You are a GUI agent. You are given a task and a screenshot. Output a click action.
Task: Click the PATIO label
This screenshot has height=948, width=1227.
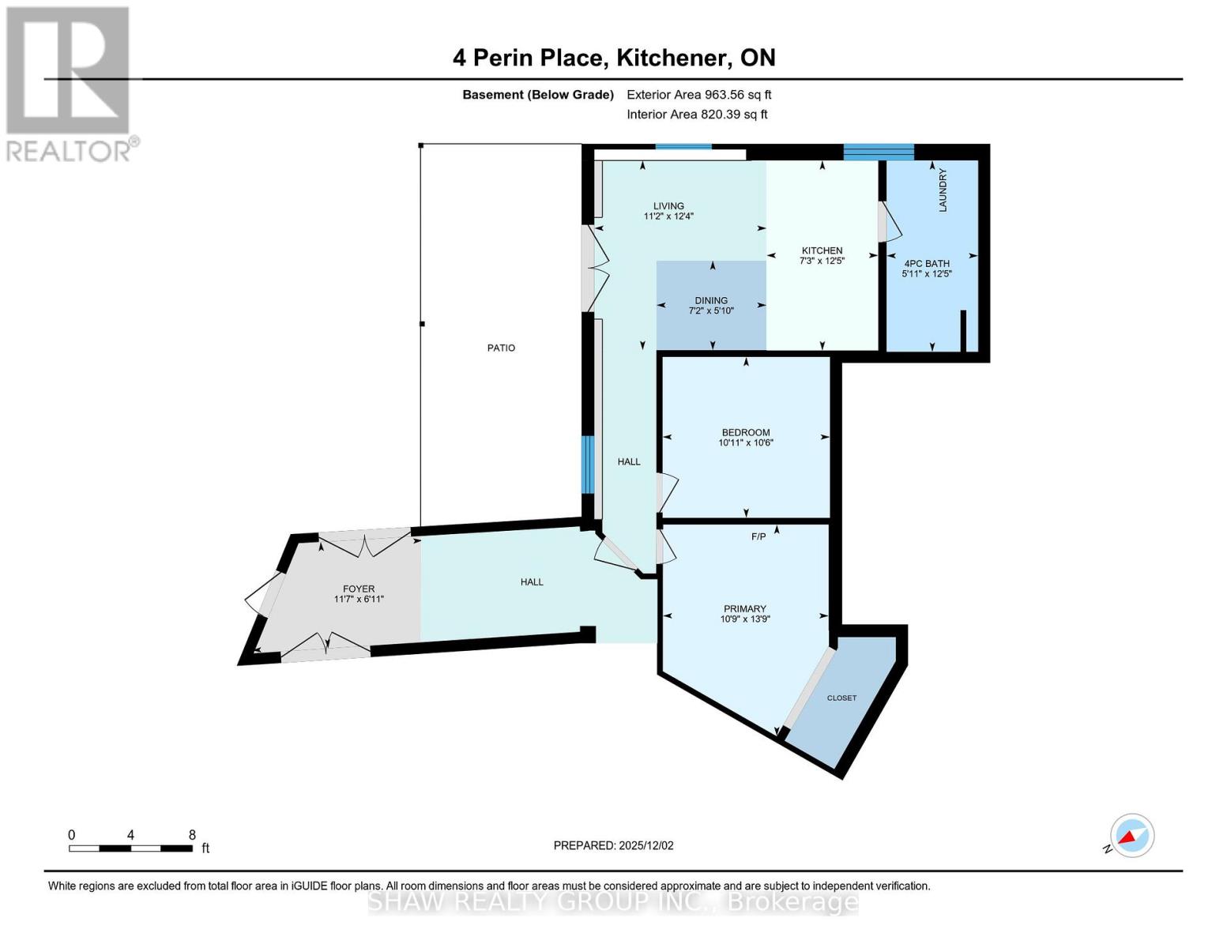(501, 348)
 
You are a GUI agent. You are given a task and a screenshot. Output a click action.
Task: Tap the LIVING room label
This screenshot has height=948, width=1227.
(668, 206)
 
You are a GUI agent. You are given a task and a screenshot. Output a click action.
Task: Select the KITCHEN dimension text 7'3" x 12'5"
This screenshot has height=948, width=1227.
(822, 261)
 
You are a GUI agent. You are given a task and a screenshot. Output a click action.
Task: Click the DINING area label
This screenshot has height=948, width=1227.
(711, 300)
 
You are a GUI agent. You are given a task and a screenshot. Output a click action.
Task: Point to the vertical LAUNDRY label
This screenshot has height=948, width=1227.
(942, 190)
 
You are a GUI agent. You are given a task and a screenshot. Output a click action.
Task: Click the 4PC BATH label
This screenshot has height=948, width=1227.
(926, 264)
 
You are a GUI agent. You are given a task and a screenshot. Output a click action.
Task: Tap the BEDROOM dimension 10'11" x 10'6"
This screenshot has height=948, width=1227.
(745, 443)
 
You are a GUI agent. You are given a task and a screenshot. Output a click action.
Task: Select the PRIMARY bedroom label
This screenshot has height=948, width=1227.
(744, 608)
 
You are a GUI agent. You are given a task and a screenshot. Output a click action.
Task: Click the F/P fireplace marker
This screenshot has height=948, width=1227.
(758, 537)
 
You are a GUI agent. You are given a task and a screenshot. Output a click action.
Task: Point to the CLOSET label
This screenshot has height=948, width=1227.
(841, 698)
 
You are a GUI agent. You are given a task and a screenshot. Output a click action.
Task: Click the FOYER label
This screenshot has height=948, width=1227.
(359, 589)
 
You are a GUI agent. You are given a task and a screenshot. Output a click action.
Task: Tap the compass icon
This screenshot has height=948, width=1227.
(1131, 836)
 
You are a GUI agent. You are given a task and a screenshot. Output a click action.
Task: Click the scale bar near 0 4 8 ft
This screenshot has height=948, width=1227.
(130, 848)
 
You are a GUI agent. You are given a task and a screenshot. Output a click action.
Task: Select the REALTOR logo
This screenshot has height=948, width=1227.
(70, 83)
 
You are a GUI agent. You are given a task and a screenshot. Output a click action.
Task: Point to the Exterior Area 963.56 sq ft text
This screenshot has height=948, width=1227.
(698, 95)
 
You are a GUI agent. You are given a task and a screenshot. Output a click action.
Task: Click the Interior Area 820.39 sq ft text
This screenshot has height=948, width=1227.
(697, 115)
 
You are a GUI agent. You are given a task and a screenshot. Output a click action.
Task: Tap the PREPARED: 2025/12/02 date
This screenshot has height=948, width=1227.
(613, 845)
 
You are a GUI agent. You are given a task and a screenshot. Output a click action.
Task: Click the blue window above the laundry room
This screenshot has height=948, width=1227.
(878, 152)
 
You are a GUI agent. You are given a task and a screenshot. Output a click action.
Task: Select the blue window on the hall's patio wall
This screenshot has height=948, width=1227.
(587, 465)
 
